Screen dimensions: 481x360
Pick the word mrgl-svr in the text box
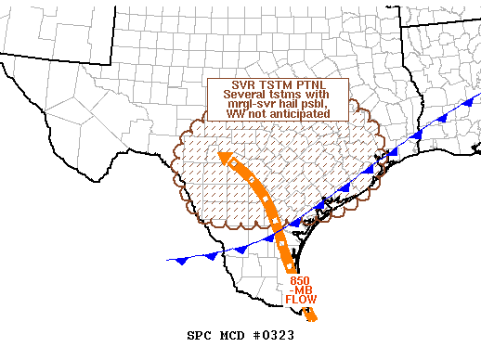point(248,105)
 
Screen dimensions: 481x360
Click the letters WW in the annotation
point(236,114)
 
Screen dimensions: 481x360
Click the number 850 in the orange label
point(300,280)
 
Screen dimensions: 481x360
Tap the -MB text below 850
point(300,290)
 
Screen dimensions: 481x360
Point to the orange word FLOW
point(300,301)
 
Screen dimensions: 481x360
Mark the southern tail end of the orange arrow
point(315,320)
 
